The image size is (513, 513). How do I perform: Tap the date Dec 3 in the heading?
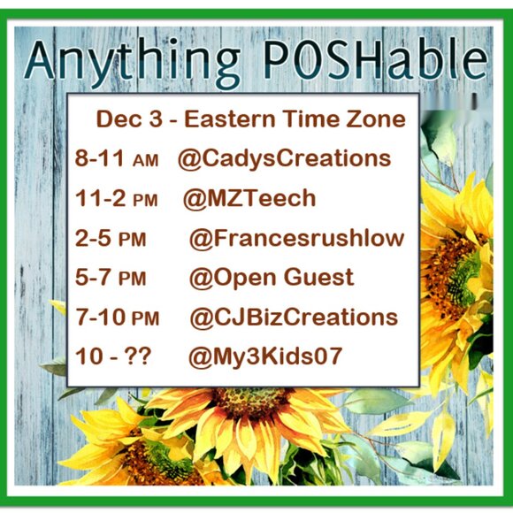(127, 119)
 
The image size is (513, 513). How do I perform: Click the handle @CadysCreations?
(284, 159)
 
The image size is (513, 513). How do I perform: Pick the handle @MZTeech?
(249, 198)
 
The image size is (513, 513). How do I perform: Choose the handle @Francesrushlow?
(296, 238)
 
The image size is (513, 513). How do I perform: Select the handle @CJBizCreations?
(293, 318)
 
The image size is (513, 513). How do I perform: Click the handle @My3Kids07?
(265, 357)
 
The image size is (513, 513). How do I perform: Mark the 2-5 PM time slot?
(111, 239)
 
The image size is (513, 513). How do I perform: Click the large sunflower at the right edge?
(460, 265)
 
